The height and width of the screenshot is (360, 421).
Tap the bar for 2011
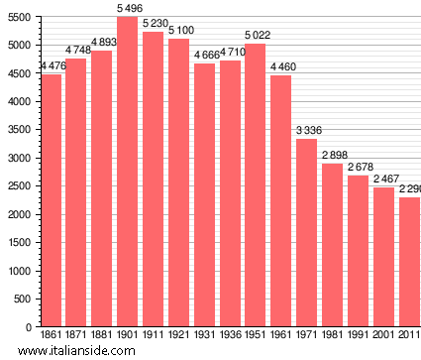click(409, 262)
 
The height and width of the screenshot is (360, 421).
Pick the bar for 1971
click(307, 232)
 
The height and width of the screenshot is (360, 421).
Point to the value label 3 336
click(307, 131)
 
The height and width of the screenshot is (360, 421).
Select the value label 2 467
click(384, 180)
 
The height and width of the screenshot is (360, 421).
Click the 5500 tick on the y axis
click(19, 17)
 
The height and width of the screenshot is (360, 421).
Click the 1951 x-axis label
click(256, 335)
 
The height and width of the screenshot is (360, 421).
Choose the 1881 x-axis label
click(102, 335)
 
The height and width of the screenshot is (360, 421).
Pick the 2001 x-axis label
click(383, 335)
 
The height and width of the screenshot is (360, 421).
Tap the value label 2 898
click(333, 156)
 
